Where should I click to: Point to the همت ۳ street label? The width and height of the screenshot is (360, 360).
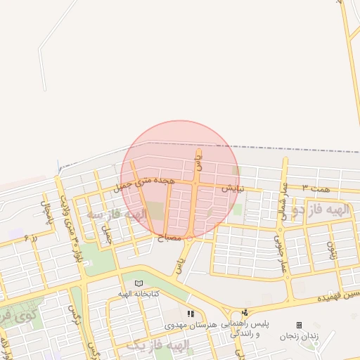[316, 189]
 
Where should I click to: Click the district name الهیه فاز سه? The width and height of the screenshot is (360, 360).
[117, 213]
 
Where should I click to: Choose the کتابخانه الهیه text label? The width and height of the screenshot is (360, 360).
[138, 292]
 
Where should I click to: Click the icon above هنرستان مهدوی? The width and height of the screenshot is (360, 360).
[190, 314]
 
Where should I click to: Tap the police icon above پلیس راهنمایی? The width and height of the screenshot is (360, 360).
[245, 313]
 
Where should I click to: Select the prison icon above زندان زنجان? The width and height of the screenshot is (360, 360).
[299, 325]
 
